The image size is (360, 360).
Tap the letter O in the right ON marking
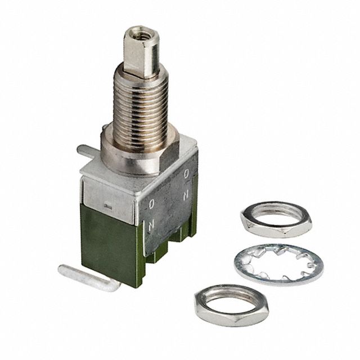(186, 174)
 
